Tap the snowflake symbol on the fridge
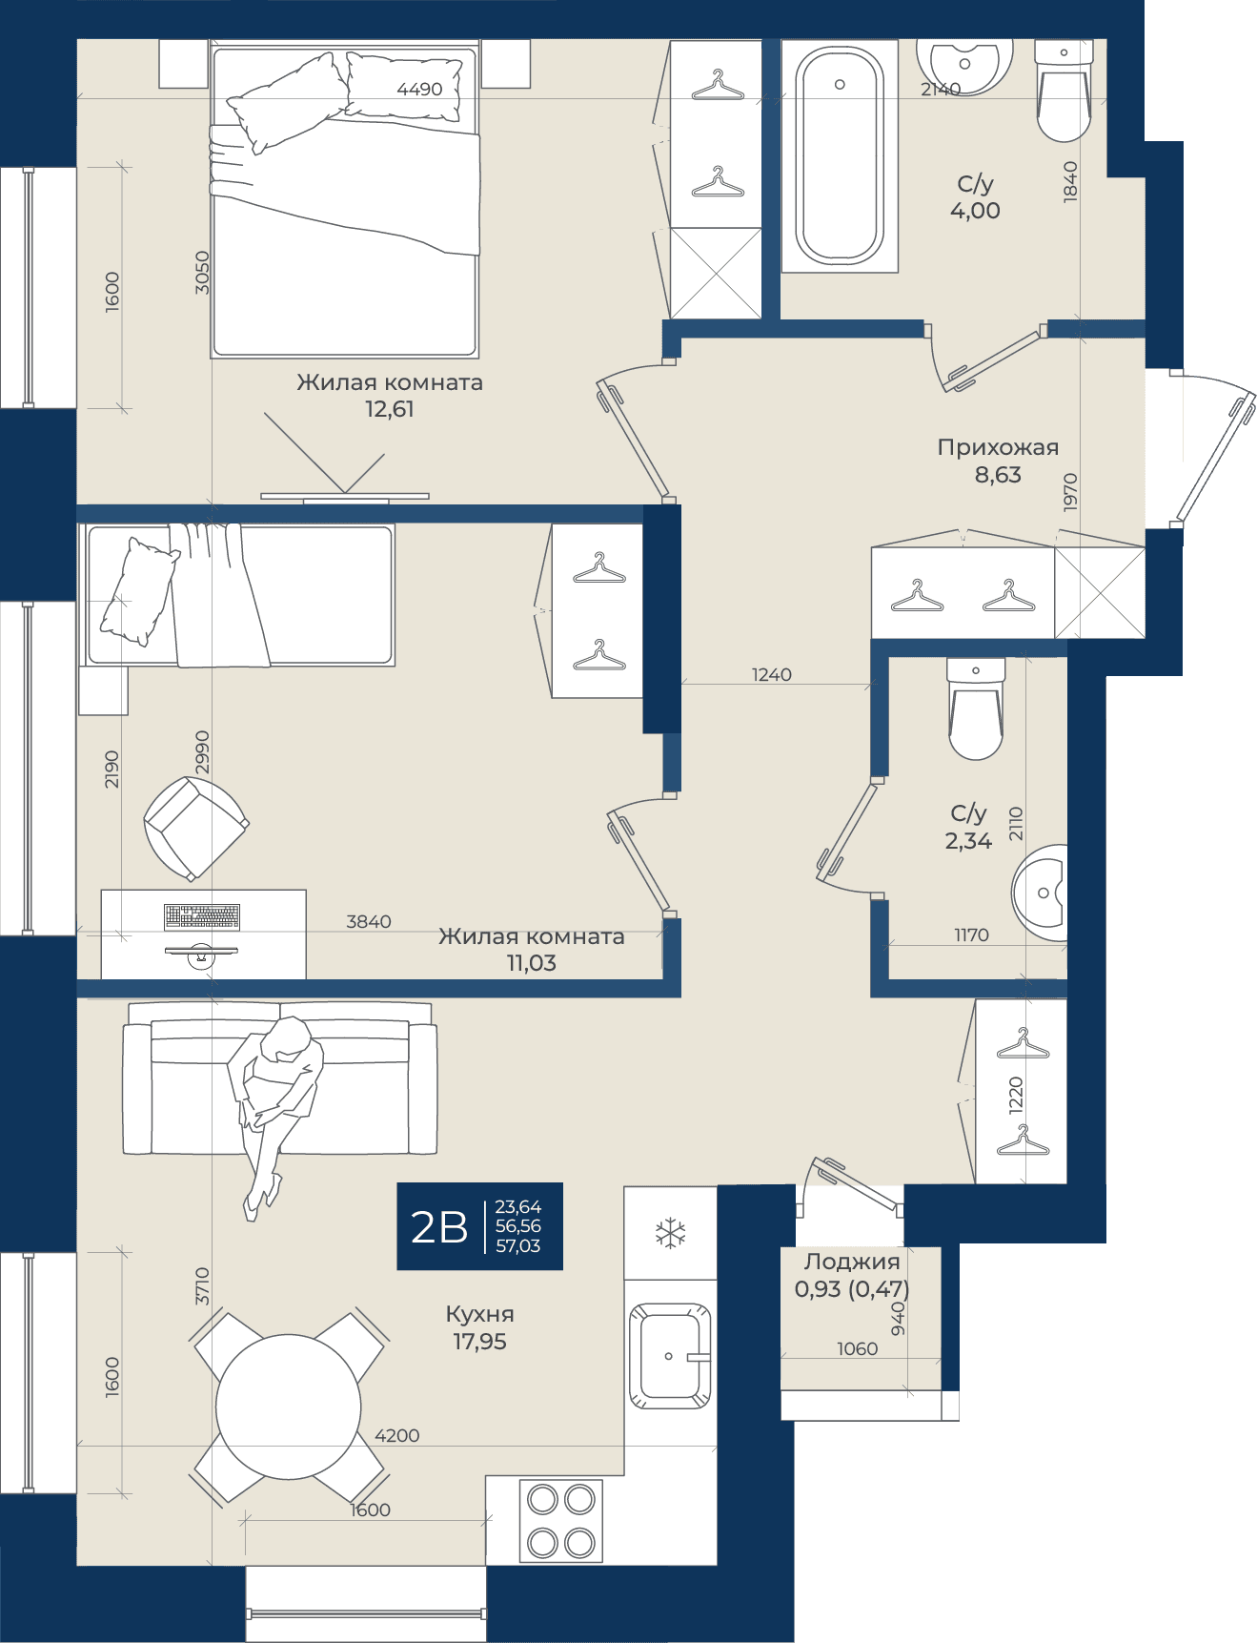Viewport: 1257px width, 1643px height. pos(671,1233)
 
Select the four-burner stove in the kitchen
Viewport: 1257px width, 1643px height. pos(561,1521)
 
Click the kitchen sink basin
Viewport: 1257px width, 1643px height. pos(670,1355)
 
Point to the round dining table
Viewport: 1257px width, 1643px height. pos(289,1407)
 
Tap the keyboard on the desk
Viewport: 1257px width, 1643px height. pos(202,916)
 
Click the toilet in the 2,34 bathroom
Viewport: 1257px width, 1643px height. pos(976,709)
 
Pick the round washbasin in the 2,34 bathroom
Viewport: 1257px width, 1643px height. pos(1040,893)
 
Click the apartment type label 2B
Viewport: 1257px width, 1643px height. pos(439,1227)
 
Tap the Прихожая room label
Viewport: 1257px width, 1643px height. pos(998,447)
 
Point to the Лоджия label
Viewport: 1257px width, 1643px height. pos(852,1262)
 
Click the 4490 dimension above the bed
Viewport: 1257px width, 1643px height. pos(419,89)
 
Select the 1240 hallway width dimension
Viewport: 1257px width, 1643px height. pos(772,674)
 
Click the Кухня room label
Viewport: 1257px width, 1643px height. pos(479,1314)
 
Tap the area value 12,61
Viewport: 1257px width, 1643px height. pos(390,409)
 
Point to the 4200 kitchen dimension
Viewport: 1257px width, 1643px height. pos(397,1435)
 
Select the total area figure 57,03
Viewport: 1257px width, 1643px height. pos(518,1245)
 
